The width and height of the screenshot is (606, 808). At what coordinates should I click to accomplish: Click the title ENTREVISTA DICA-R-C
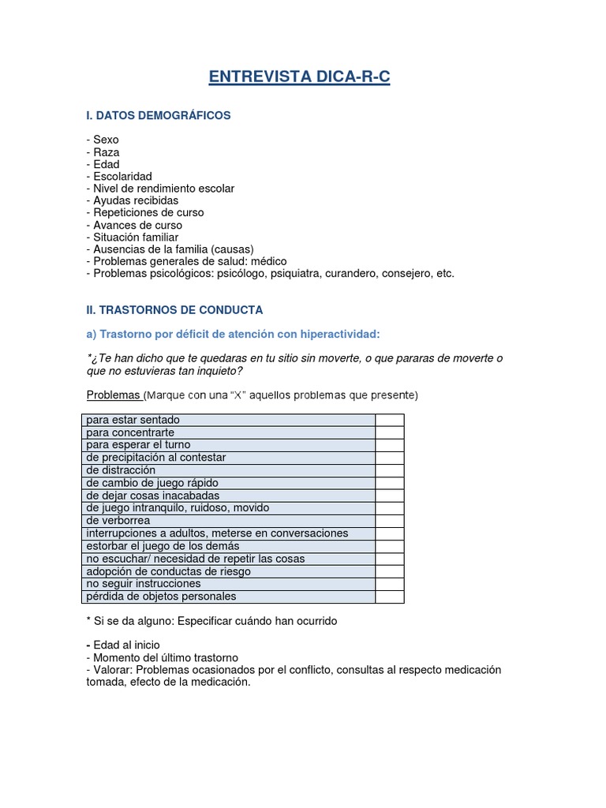tap(299, 77)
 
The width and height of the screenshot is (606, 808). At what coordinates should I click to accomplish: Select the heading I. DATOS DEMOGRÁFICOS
tap(158, 115)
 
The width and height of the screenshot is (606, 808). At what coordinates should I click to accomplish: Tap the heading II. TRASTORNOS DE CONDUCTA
tap(174, 309)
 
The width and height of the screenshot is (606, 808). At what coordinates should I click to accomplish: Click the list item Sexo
tap(105, 140)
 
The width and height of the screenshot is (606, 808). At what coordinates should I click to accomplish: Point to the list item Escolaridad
tap(122, 176)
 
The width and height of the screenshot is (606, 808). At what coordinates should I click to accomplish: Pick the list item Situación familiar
tap(135, 237)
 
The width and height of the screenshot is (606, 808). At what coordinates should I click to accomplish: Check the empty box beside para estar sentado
tap(390, 420)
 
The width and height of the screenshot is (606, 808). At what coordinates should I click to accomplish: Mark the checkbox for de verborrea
tap(390, 521)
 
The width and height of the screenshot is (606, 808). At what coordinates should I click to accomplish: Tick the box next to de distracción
tap(390, 470)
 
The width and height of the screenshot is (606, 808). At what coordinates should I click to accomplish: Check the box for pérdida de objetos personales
tap(390, 597)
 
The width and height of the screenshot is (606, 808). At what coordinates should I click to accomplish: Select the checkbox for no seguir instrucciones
tap(390, 584)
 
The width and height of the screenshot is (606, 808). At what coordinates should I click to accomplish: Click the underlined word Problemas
tap(113, 395)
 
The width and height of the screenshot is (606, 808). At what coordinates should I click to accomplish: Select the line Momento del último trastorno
tap(164, 657)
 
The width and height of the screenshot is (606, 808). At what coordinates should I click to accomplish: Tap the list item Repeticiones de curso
tap(148, 212)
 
